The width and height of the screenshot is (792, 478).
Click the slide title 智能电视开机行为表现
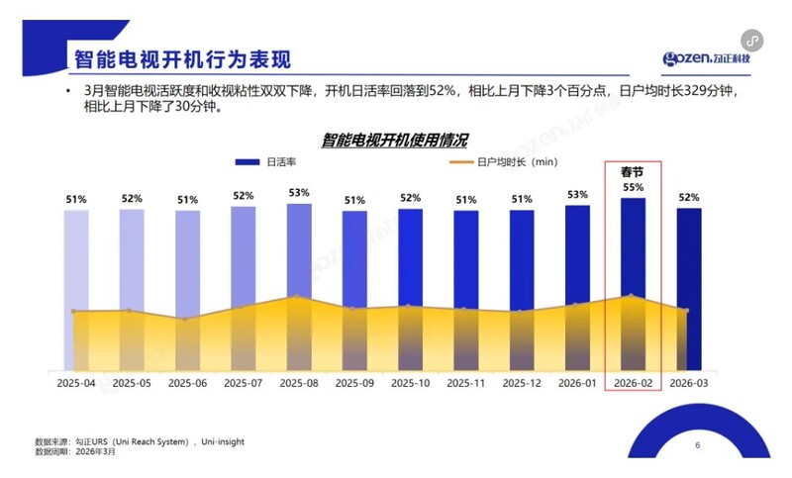pos(182,57)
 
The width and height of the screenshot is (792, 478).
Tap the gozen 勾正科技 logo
pos(707,58)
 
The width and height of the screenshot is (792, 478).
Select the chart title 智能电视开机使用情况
pos(394,140)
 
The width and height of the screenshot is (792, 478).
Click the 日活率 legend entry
pos(271,162)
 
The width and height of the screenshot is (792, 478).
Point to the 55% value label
pos(634,187)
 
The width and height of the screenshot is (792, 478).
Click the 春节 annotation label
pos(634,171)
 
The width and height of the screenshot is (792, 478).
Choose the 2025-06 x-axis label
pos(188,383)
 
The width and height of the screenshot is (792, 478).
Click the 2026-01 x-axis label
pos(577,383)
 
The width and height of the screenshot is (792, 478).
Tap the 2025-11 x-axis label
pos(466,383)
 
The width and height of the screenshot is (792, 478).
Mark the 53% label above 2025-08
pos(299,193)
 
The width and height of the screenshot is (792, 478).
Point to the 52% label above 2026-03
pos(689,197)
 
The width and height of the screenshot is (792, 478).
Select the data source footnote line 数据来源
pos(139,441)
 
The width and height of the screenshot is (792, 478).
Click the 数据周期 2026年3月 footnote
pos(75,451)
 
